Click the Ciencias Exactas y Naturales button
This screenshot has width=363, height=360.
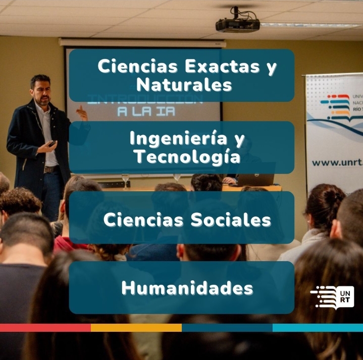182,75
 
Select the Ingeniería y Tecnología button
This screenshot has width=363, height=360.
182,147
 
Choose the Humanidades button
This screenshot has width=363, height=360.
182,287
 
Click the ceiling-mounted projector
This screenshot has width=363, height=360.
237,24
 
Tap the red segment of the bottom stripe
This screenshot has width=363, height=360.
45,328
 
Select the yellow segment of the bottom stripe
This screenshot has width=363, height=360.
136,328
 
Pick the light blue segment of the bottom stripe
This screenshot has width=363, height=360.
318,328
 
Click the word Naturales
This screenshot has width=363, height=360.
184,84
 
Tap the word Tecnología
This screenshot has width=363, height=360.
187,157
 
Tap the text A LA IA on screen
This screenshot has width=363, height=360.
146,111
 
